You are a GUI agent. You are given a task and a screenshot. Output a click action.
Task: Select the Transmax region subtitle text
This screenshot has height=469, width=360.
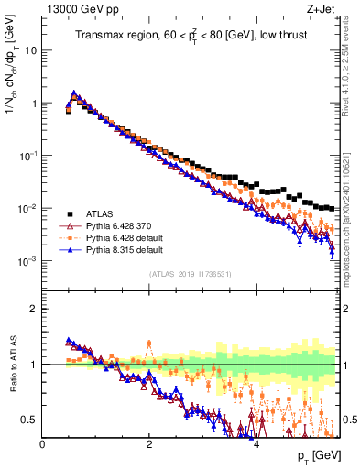coord(193,36)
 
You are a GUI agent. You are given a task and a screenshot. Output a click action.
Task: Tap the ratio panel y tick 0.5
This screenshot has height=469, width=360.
coord(30,420)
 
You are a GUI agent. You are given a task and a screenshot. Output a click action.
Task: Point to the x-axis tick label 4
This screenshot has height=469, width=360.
coord(256,444)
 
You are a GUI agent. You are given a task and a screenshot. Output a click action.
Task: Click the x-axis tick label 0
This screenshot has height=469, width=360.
coord(43,444)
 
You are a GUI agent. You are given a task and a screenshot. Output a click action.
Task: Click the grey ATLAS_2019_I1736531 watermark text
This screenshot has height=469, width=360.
coord(191,274)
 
